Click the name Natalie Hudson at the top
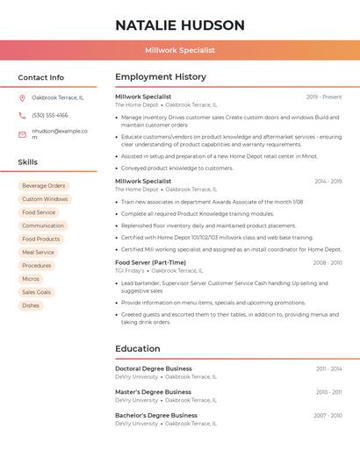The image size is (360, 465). [180, 25]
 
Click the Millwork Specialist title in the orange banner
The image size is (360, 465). [180, 50]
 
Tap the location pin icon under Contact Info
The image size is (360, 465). [22, 97]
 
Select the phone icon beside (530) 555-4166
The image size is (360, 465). [22, 115]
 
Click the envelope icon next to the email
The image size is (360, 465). [22, 134]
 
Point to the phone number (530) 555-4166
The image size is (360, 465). [49, 115]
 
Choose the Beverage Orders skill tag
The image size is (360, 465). [44, 186]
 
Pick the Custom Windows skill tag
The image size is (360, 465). [45, 199]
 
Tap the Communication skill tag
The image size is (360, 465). [43, 225]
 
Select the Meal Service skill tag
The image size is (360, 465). [39, 252]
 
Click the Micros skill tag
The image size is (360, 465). [31, 279]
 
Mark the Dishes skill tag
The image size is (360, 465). [31, 305]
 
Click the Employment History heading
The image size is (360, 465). [161, 77]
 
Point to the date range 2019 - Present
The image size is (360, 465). [324, 97]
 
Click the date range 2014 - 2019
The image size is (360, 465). [327, 182]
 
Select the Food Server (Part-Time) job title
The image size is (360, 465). [150, 262]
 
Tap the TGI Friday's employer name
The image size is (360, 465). [130, 270]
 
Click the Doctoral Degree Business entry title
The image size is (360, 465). [153, 368]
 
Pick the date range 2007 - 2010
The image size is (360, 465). [328, 416]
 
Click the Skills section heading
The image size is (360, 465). [28, 162]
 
